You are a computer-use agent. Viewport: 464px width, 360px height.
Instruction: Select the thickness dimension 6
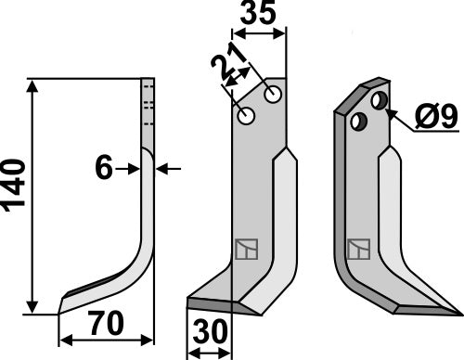tap(104, 168)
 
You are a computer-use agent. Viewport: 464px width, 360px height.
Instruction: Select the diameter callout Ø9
tap(433, 118)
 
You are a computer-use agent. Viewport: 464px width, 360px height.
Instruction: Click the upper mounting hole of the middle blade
tap(273, 94)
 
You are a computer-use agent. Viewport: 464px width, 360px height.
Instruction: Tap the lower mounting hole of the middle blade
tap(246, 116)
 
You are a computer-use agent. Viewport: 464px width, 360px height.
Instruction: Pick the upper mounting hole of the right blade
tap(380, 99)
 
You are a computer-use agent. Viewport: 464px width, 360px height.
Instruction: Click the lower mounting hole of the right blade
tap(358, 121)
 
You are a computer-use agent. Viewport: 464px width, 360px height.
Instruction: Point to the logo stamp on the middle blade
tap(245, 250)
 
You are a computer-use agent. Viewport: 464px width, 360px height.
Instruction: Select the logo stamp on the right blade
tap(358, 250)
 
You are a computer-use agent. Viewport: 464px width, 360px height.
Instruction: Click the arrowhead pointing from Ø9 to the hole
tap(393, 111)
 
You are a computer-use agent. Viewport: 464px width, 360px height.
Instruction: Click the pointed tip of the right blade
tap(458, 311)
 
